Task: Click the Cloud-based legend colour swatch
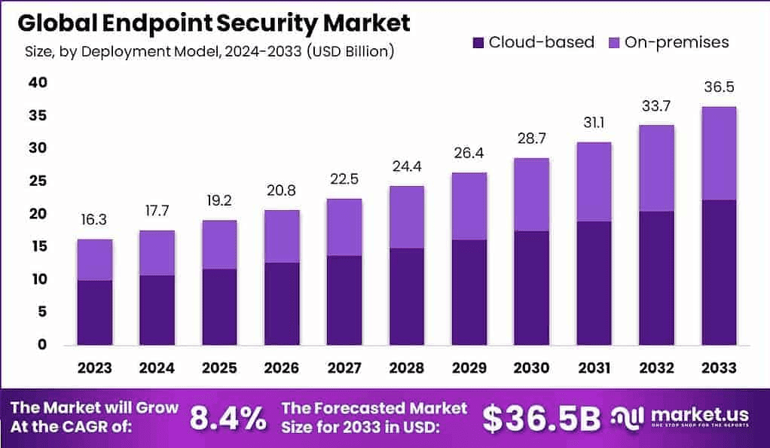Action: pos(478,42)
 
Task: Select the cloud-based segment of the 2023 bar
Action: pos(94,312)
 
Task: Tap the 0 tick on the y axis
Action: pos(43,345)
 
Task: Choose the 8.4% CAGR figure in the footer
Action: pos(227,418)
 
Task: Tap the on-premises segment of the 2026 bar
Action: pos(282,236)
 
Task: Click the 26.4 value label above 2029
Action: pos(468,153)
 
